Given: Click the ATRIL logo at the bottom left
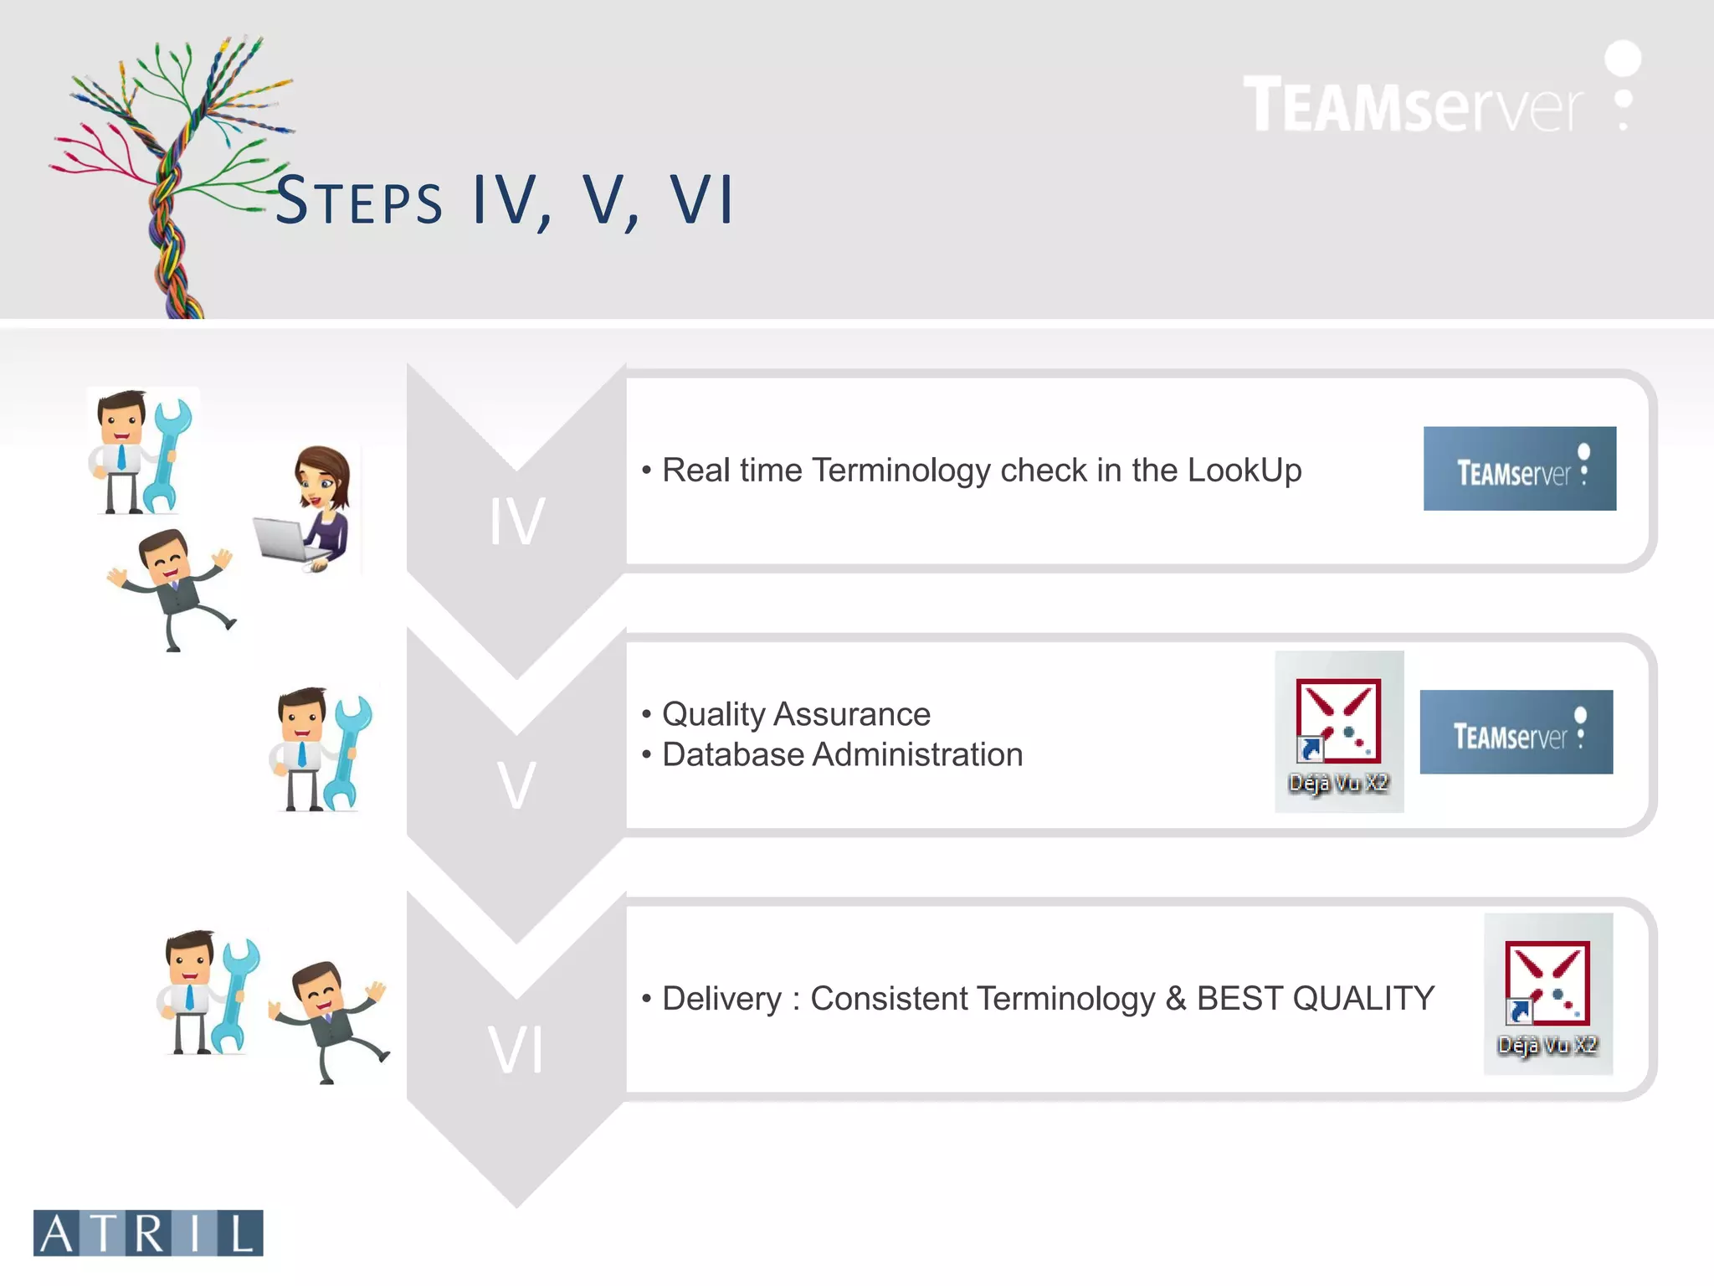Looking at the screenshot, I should [x=148, y=1232].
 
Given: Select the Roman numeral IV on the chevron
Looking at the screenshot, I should [x=517, y=522].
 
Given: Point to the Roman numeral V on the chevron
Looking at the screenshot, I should [x=516, y=786].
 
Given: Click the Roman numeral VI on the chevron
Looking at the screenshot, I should [x=516, y=1050].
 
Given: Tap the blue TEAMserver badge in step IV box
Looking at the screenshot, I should [x=1519, y=469].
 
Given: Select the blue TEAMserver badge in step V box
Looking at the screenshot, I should [x=1516, y=732].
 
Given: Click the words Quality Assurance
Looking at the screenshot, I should [x=796, y=714].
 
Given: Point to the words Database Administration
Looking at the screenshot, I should [x=842, y=754].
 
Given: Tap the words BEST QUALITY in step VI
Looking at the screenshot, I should [x=1315, y=998].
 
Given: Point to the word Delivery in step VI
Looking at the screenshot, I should [x=721, y=998].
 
